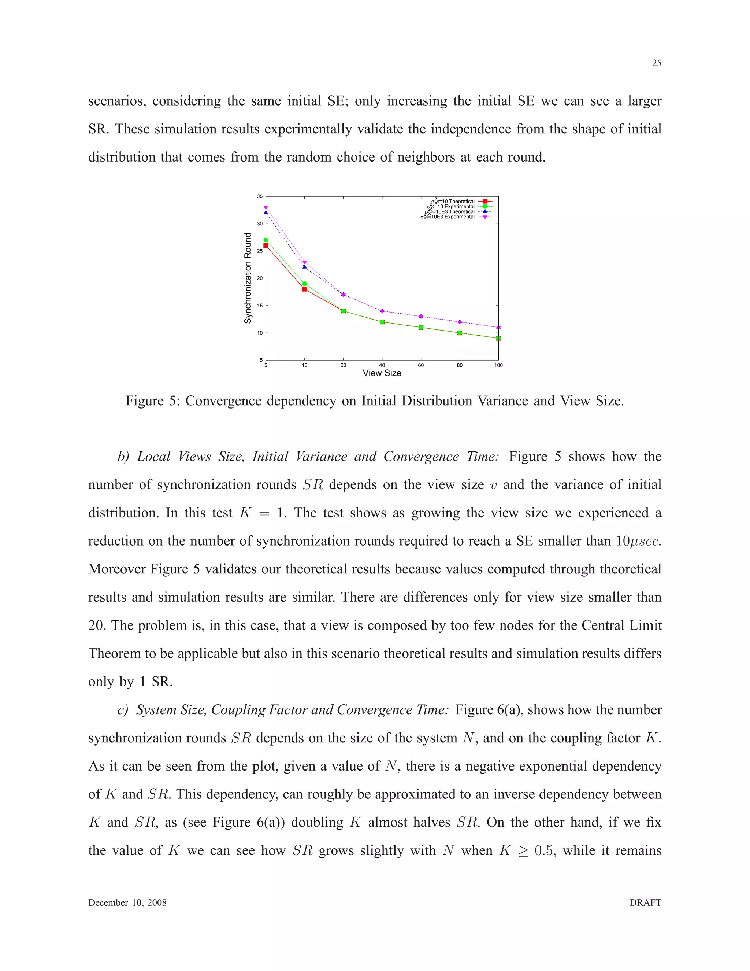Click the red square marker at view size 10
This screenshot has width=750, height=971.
tap(304, 289)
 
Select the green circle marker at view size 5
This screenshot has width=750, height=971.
tap(266, 240)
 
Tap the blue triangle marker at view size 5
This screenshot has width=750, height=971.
tap(266, 212)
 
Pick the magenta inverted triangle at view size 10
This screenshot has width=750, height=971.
tap(304, 262)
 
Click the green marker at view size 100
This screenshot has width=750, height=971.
tap(498, 338)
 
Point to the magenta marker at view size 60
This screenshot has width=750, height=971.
tap(421, 317)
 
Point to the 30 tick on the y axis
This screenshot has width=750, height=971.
tap(260, 224)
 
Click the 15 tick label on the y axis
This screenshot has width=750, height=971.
tap(260, 306)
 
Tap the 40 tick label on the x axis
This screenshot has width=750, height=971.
tap(382, 365)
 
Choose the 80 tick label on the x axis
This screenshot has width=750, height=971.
tap(460, 365)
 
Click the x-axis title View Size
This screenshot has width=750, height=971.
tap(382, 373)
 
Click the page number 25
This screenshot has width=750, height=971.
tap(656, 63)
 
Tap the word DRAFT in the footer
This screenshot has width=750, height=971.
tap(645, 902)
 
